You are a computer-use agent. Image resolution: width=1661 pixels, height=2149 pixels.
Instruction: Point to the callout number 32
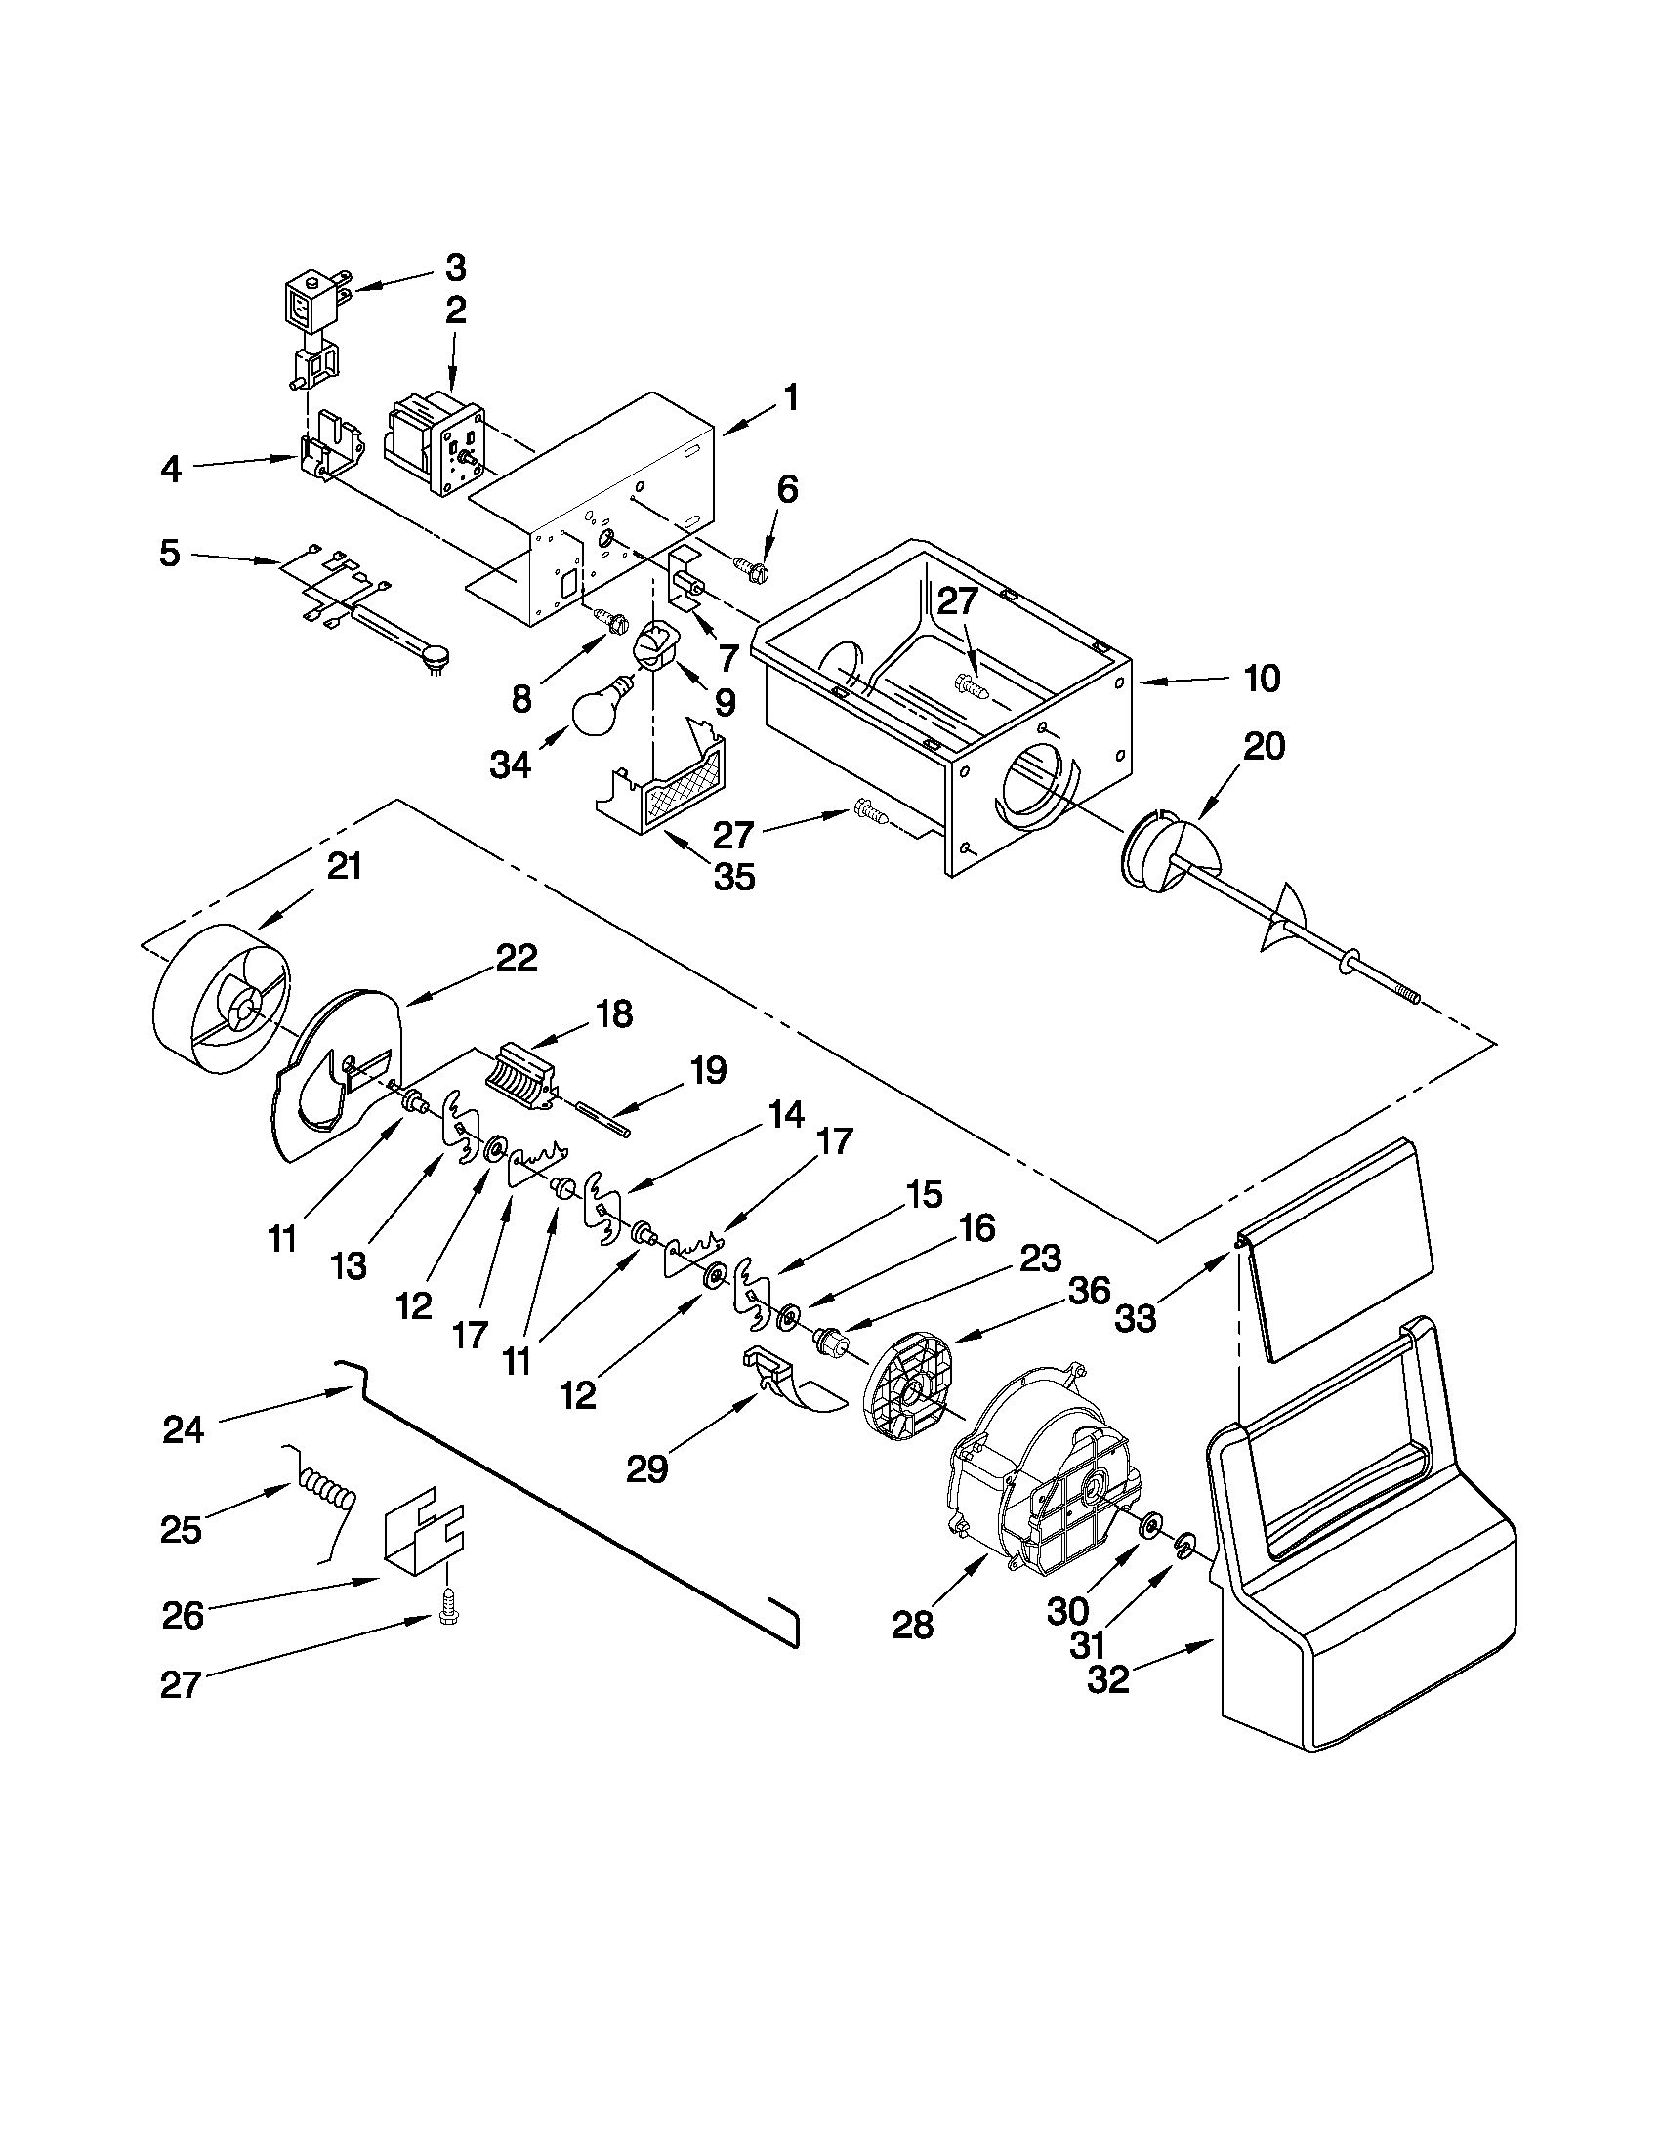pos(1108,1679)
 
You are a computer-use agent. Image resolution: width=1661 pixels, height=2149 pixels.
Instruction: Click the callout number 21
pos(345,867)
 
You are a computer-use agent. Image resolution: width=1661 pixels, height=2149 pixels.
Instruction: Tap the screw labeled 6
pos(753,568)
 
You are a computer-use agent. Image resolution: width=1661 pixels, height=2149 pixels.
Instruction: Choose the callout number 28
pos(912,1626)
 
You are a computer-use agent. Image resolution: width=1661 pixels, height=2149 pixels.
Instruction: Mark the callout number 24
pos(183,1428)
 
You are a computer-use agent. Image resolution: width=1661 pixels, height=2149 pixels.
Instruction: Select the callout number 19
pos(708,1069)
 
